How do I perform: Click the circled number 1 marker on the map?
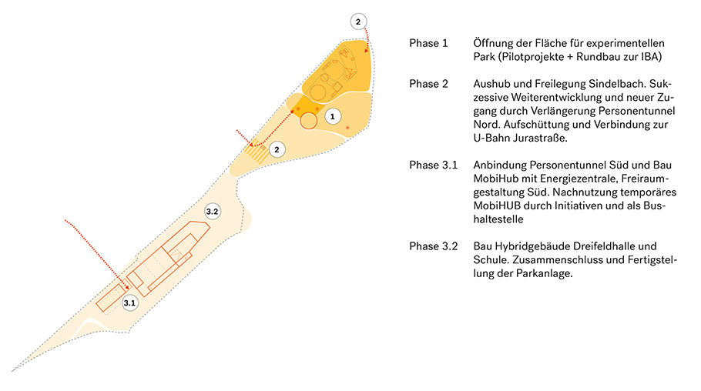click(x=332, y=117)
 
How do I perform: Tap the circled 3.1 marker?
click(x=129, y=303)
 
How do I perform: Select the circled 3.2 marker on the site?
click(x=213, y=212)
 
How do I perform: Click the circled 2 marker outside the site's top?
click(x=358, y=22)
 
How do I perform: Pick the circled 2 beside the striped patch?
click(x=277, y=149)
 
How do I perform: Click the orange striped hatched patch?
click(x=257, y=151)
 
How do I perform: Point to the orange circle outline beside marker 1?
click(x=308, y=121)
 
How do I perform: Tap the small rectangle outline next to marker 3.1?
click(x=111, y=297)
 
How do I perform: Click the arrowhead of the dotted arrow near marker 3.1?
click(x=127, y=287)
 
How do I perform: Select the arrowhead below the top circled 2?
click(x=367, y=50)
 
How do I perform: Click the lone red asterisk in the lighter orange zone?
click(x=347, y=129)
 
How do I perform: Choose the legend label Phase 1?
click(x=428, y=43)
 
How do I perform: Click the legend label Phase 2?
click(x=428, y=84)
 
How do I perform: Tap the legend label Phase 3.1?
click(x=433, y=165)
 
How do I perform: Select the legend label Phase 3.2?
click(x=433, y=246)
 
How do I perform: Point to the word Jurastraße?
click(x=540, y=138)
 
